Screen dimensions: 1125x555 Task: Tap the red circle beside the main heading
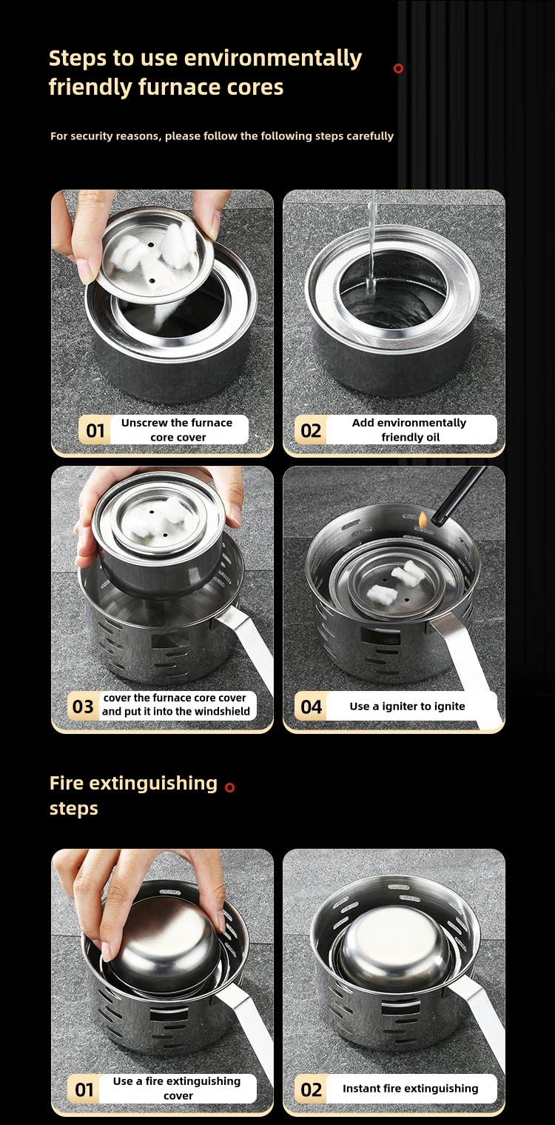399,69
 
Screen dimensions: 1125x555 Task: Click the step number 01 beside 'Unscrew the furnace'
95,430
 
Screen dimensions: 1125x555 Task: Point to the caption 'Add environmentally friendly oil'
409,430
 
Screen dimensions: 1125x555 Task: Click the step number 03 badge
83,707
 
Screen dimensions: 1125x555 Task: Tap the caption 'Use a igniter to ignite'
407,707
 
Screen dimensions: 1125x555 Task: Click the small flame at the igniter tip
423,519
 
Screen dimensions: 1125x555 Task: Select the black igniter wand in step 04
459,496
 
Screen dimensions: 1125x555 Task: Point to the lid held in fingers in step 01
157,253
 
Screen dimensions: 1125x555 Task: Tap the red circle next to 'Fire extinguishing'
229,787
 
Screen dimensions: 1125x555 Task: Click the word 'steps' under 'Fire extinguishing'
74,809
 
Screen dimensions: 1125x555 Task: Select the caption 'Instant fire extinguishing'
410,1089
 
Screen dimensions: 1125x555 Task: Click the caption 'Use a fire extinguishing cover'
178,1088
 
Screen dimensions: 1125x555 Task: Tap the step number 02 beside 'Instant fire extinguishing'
312,1089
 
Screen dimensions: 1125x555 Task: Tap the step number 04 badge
312,707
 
